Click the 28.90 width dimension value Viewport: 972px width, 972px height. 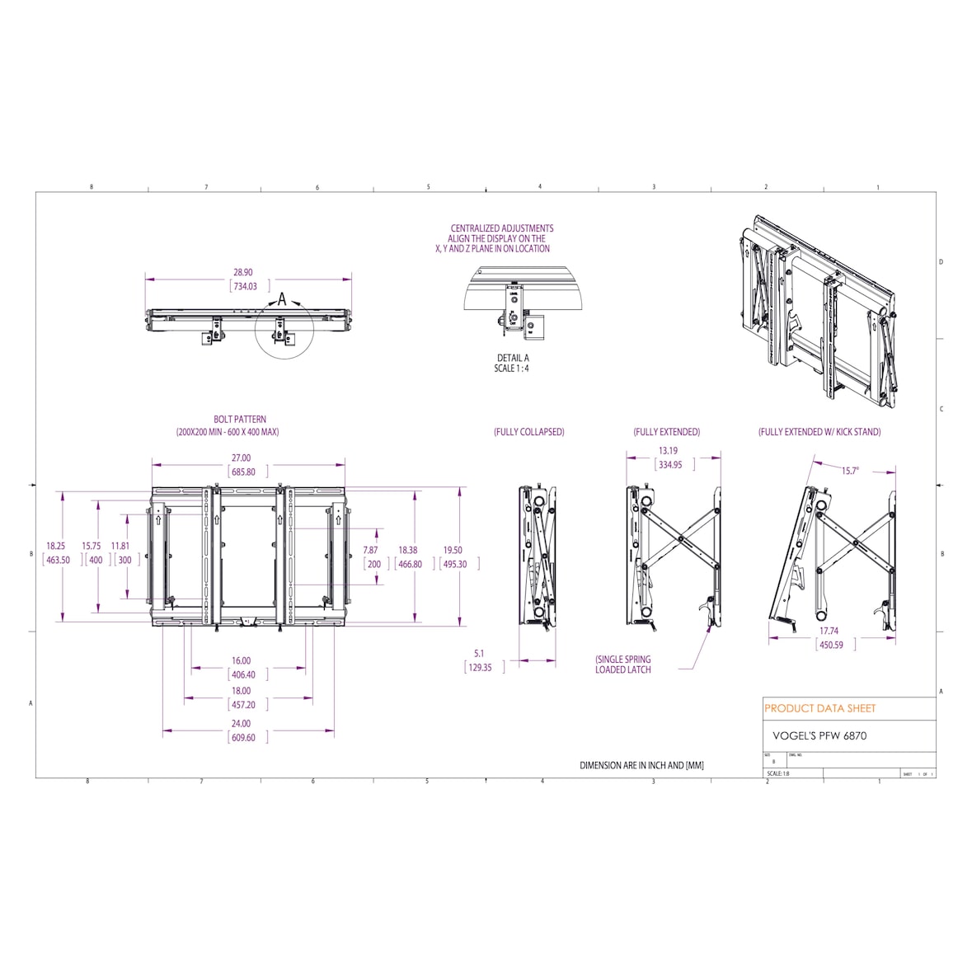[x=243, y=272]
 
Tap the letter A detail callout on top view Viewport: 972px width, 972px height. [x=281, y=300]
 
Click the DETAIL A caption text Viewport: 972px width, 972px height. [x=512, y=358]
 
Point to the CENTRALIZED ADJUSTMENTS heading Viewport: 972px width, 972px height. [x=501, y=228]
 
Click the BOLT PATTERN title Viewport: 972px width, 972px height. [x=240, y=420]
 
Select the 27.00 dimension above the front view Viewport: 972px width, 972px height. [x=241, y=458]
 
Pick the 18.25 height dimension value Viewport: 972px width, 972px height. [x=55, y=546]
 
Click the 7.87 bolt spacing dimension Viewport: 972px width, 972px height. [x=371, y=550]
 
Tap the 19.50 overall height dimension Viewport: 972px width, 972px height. [x=453, y=550]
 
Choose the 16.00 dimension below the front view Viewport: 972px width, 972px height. [x=241, y=660]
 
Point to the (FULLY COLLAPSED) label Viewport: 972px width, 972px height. [x=528, y=432]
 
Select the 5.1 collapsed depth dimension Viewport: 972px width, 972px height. [x=479, y=653]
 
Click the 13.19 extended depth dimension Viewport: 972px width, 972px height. [x=668, y=451]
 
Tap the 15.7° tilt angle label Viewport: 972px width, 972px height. [x=850, y=471]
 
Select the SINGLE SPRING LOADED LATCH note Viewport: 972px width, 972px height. [x=623, y=664]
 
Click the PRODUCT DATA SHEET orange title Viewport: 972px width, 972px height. [x=819, y=708]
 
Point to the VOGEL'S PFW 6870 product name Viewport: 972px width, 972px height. [x=819, y=735]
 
